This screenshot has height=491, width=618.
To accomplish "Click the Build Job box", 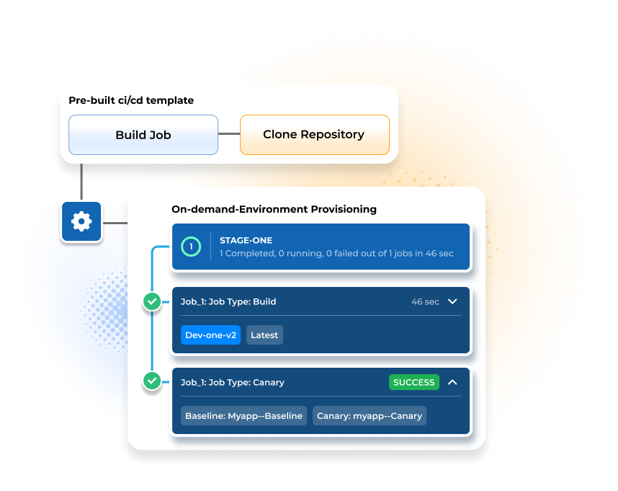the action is [143, 135].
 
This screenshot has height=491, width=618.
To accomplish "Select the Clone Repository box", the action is [315, 135].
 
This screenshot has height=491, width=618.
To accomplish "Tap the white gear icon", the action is [81, 221].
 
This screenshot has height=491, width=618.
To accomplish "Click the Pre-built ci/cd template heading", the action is [131, 100].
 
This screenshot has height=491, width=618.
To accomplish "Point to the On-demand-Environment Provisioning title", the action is [274, 209].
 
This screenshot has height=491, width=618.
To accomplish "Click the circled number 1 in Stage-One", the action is [191, 247].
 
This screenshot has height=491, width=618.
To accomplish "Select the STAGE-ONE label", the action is [246, 240].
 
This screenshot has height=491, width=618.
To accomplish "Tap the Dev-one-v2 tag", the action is [211, 335].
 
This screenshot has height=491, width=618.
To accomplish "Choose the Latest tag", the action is [264, 335].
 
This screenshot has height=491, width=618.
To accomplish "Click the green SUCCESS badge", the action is [414, 382].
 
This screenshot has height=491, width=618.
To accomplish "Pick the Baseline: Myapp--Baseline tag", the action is [243, 416].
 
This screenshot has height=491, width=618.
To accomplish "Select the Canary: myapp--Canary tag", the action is [370, 416].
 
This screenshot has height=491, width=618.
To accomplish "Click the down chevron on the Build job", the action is [452, 301].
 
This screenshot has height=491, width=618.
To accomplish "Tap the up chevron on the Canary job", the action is [452, 382].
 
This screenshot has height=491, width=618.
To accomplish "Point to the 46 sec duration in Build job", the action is [425, 301].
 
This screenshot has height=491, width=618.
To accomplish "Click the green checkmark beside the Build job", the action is [152, 301].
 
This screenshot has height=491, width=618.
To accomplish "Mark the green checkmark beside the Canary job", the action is [152, 381].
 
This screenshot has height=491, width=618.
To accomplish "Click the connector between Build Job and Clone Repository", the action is [229, 133].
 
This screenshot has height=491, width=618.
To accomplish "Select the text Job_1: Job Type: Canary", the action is [233, 382].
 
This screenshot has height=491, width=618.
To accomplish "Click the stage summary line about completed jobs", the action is [336, 253].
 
